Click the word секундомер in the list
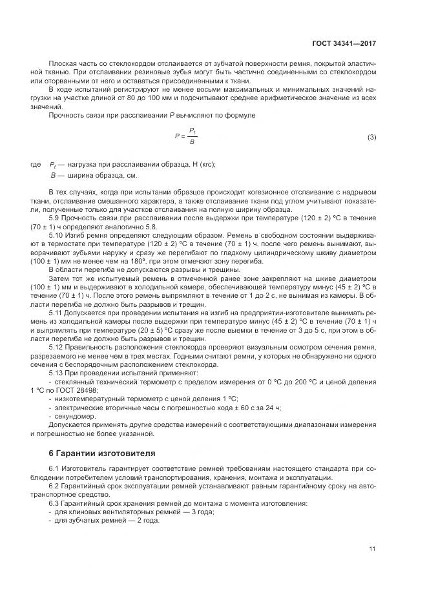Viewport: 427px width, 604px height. point(74,417)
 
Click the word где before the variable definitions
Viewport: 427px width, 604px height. point(36,165)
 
